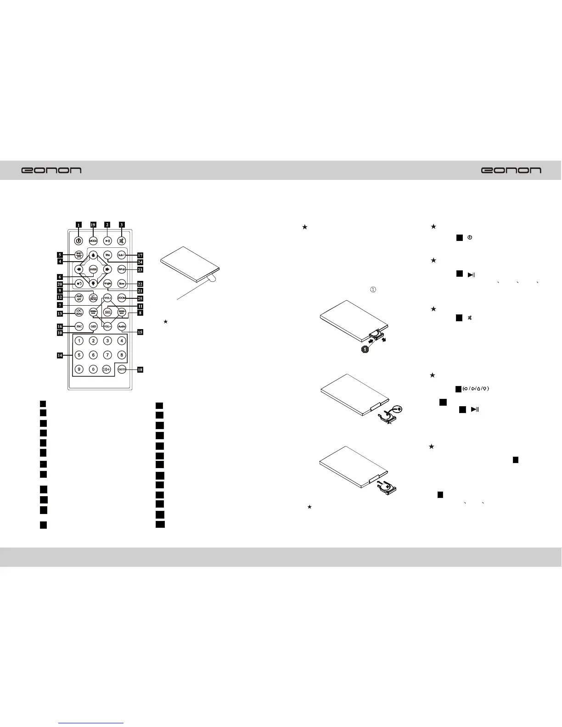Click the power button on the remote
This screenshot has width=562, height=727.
point(79,240)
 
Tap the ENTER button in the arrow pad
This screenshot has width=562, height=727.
point(93,269)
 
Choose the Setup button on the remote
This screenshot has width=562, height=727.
point(121,269)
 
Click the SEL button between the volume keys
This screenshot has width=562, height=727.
point(107,312)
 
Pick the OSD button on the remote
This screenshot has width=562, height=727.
point(93,326)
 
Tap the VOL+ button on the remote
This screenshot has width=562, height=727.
point(107,298)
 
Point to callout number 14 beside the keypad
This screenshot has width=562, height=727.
point(60,355)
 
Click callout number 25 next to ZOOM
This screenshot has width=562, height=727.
point(140,298)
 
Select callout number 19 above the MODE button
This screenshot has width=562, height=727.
point(93,225)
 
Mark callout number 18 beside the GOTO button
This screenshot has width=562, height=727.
point(140,369)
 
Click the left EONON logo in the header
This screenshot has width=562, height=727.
point(52,170)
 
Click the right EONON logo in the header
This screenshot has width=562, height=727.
point(511,170)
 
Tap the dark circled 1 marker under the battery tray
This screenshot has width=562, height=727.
point(364,349)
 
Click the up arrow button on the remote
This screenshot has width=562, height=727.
point(93,255)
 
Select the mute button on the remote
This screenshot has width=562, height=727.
point(121,240)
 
